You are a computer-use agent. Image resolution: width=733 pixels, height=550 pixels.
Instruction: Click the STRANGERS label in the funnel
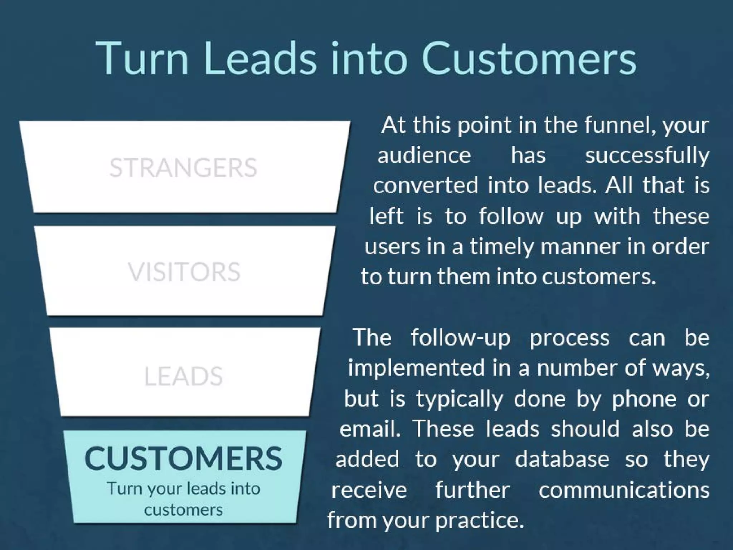(183, 167)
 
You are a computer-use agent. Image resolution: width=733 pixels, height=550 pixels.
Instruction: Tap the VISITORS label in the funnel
(184, 271)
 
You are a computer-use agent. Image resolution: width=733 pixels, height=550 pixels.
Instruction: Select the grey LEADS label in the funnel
(183, 376)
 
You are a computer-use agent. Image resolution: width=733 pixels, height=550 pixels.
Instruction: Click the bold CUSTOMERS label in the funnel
(183, 458)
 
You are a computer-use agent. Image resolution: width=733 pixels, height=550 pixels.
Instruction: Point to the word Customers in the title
(529, 58)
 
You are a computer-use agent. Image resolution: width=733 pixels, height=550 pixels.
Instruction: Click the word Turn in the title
(142, 58)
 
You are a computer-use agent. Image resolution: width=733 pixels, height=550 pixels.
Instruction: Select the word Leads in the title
(260, 58)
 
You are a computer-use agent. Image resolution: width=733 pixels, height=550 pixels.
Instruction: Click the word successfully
(647, 156)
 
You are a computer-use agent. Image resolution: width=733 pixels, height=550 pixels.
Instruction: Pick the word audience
(424, 155)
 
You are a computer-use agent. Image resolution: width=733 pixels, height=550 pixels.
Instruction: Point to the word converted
(426, 185)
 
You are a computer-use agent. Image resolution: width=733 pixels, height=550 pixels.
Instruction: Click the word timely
(501, 247)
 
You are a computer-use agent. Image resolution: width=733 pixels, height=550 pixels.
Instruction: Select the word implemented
(416, 368)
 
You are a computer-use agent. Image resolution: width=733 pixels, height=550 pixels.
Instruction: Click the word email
(370, 429)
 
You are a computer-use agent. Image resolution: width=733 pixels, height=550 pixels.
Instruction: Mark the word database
(562, 459)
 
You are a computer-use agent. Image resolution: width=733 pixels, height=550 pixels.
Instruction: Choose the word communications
(624, 490)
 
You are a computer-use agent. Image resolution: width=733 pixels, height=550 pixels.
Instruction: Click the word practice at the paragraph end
(479, 520)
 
